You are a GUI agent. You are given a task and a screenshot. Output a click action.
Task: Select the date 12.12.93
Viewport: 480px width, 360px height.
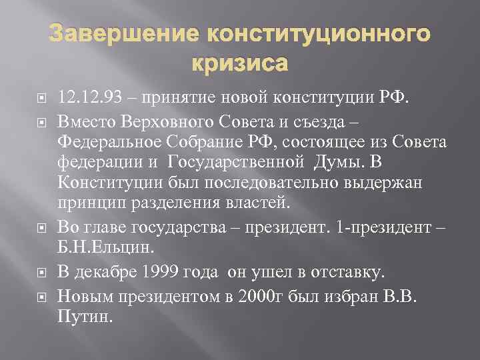coord(91,101)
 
